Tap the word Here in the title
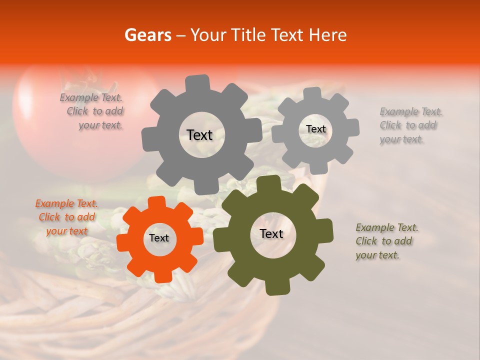click(329, 35)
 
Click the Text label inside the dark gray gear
click(199, 135)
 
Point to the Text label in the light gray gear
click(315, 129)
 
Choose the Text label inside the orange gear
click(159, 238)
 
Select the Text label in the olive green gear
click(271, 234)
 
